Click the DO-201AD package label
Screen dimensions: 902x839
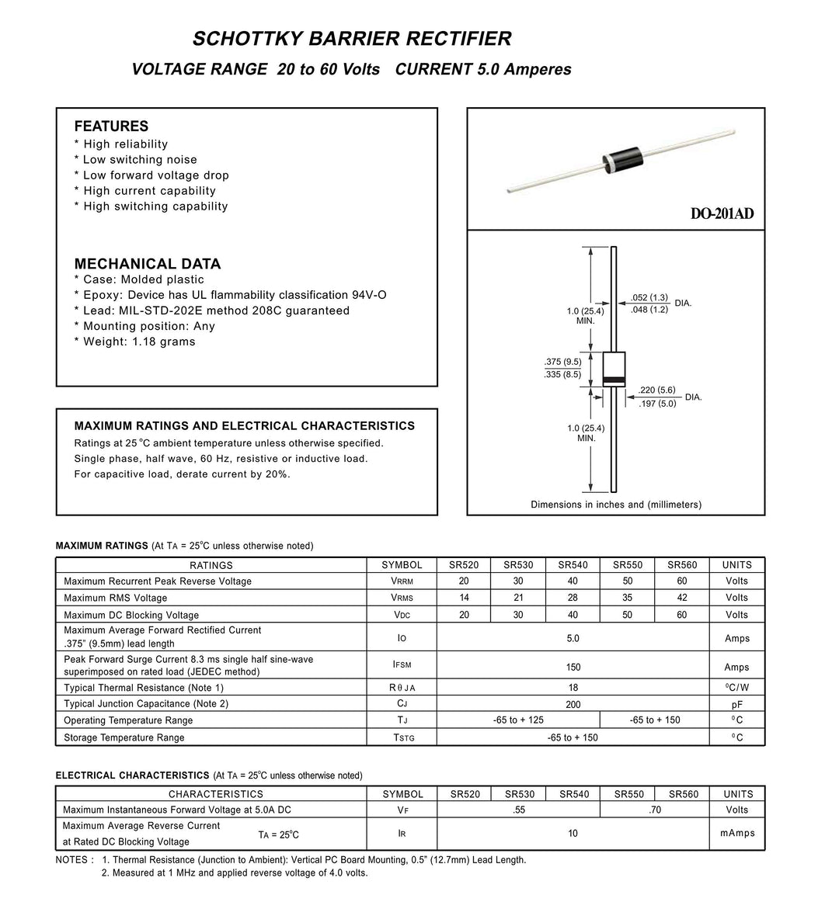(722, 214)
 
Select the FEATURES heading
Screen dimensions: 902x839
(111, 127)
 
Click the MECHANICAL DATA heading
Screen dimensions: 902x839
(148, 264)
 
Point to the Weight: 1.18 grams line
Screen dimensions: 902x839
(134, 342)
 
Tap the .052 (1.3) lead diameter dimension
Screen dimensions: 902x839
(649, 297)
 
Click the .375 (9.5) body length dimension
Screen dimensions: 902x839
(562, 362)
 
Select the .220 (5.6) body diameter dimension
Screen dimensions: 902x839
(656, 390)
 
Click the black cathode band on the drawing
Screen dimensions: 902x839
(614, 380)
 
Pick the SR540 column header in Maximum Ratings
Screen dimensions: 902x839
(573, 565)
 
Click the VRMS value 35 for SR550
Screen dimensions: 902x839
(628, 598)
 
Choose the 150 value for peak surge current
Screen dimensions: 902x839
(573, 667)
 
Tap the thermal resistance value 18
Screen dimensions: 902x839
(573, 688)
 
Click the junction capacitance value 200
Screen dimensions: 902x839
(573, 704)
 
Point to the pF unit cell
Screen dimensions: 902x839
(737, 704)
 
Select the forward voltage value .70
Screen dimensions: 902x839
(655, 810)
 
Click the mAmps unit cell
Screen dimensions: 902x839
(737, 834)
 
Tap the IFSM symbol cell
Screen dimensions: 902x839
(402, 665)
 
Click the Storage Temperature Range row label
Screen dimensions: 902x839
(124, 737)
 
